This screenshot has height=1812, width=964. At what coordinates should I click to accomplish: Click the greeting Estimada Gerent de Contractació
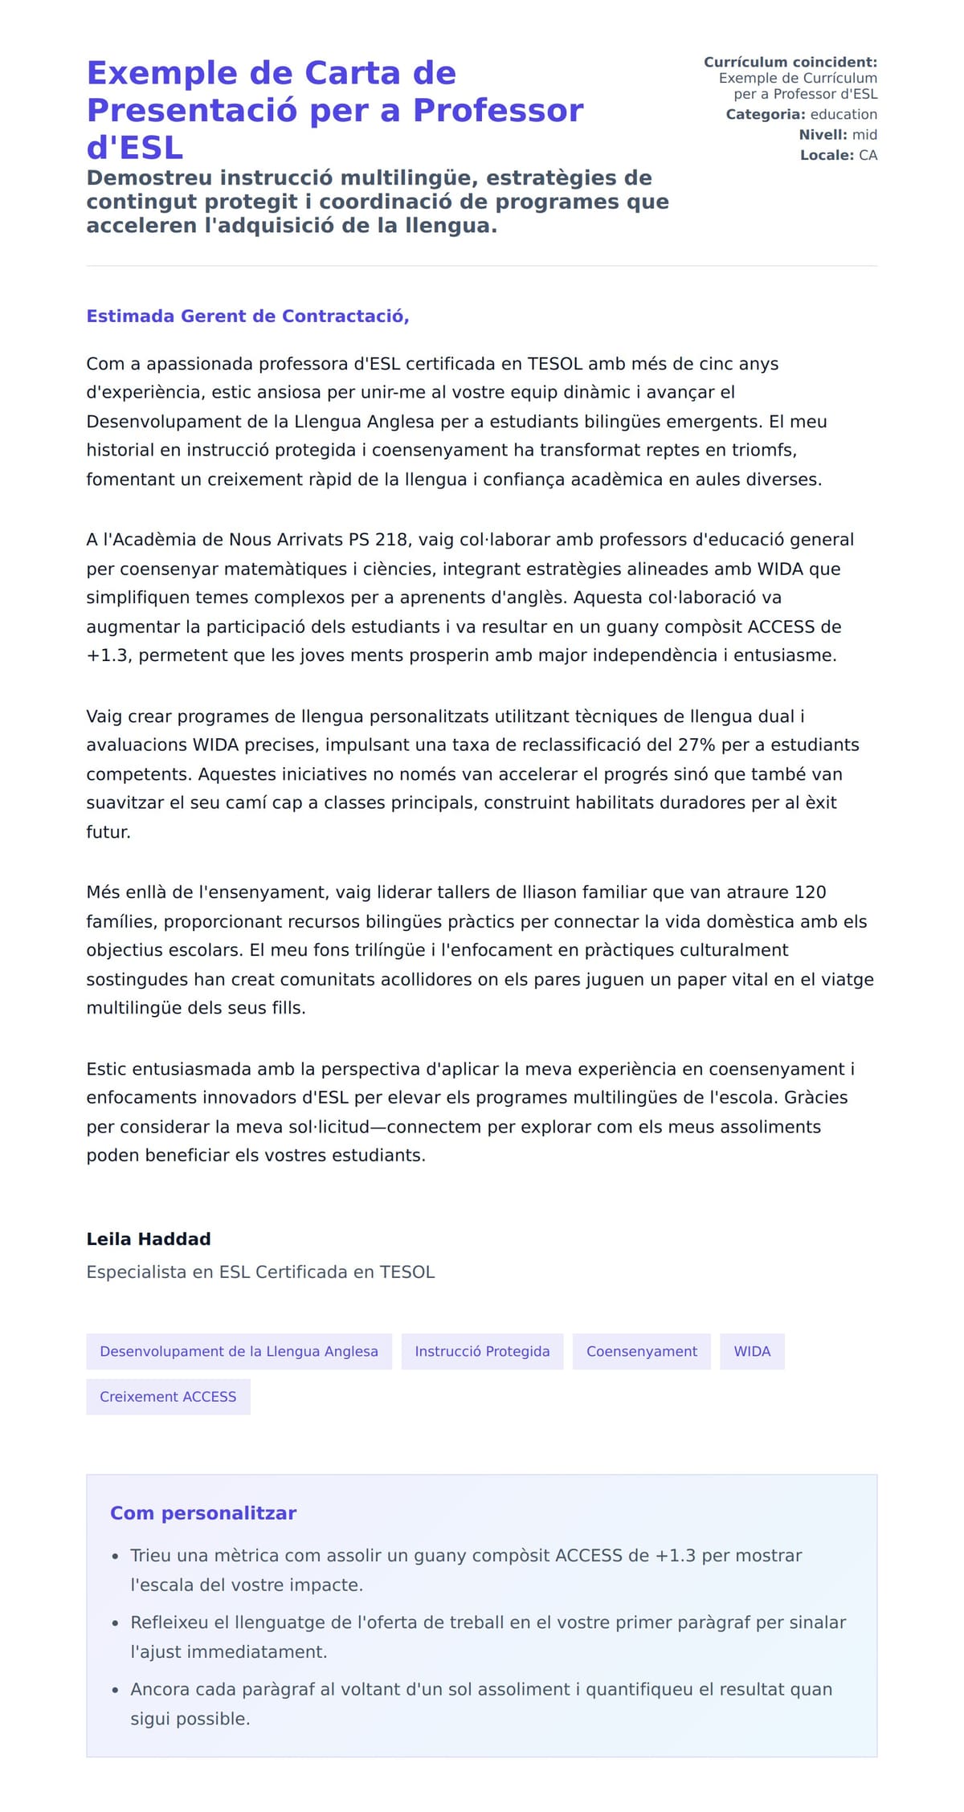(x=247, y=316)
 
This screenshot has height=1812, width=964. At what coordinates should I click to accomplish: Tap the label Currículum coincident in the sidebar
(x=790, y=63)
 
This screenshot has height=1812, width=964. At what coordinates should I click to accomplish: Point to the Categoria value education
(x=843, y=115)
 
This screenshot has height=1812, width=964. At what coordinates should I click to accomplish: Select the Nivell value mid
(x=864, y=135)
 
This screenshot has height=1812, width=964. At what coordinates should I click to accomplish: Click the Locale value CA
(x=868, y=155)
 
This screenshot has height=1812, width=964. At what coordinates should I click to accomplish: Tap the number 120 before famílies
(x=810, y=892)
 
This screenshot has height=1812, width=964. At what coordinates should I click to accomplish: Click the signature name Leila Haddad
(x=149, y=1239)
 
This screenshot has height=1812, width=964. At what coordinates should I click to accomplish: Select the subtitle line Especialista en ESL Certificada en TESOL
(x=260, y=1272)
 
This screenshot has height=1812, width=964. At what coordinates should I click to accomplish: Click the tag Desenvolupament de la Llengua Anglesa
(x=239, y=1352)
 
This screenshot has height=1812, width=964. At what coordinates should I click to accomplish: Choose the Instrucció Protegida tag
(x=482, y=1352)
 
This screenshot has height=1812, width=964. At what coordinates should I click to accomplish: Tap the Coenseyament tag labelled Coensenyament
(x=641, y=1352)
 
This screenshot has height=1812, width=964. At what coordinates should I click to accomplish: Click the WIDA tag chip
(x=752, y=1352)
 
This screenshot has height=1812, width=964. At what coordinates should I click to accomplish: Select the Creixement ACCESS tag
(x=168, y=1397)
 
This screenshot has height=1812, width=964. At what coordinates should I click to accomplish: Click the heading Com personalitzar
(x=203, y=1513)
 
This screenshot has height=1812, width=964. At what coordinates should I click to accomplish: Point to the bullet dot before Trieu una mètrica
(x=116, y=1557)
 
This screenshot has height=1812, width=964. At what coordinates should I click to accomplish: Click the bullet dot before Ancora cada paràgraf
(x=116, y=1690)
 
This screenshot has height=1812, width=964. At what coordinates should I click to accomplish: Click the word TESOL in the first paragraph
(x=554, y=364)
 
